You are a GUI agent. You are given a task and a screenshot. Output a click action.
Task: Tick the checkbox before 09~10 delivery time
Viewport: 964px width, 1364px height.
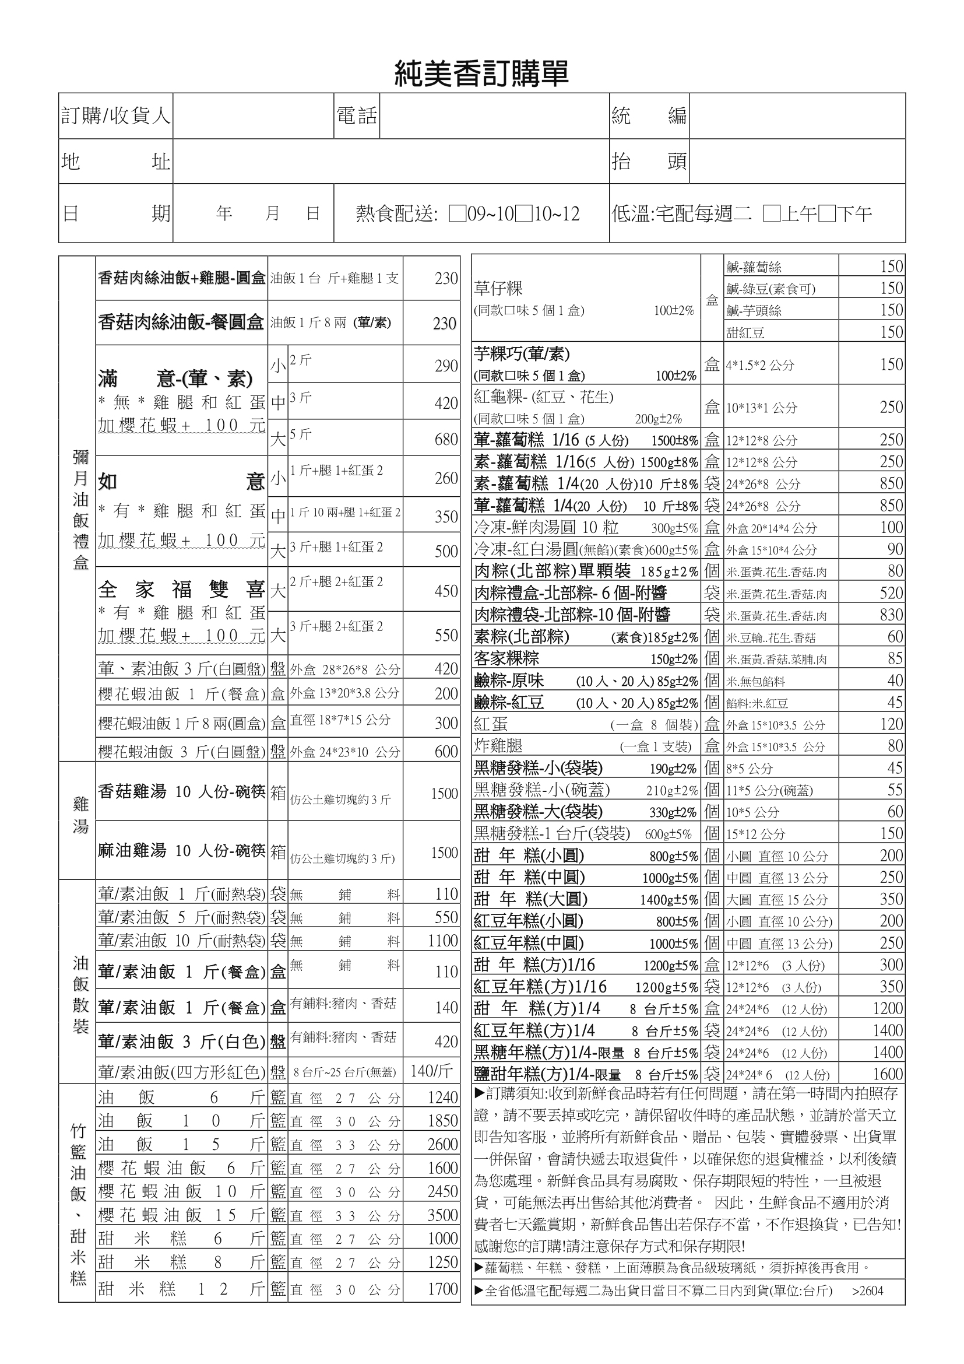pyautogui.click(x=457, y=214)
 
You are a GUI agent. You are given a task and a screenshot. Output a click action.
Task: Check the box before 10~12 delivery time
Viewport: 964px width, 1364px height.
pyautogui.click(x=523, y=214)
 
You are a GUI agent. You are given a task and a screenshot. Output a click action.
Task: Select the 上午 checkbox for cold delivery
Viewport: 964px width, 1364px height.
pyautogui.click(x=772, y=214)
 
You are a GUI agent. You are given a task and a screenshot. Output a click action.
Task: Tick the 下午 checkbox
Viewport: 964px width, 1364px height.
pyautogui.click(x=827, y=214)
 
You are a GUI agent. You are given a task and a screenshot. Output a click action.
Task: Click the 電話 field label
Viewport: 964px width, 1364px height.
pyautogui.click(x=357, y=116)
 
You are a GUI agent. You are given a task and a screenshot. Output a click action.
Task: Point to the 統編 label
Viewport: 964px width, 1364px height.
pyautogui.click(x=649, y=116)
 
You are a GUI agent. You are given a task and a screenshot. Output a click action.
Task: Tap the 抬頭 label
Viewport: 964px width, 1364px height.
pyautogui.click(x=649, y=162)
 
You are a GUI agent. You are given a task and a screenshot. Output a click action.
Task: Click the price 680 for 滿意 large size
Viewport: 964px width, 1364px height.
pyautogui.click(x=446, y=440)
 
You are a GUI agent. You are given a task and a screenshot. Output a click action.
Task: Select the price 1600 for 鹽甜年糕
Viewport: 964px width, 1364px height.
pyautogui.click(x=888, y=1074)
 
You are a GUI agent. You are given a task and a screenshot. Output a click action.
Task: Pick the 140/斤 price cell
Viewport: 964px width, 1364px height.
pyautogui.click(x=431, y=1071)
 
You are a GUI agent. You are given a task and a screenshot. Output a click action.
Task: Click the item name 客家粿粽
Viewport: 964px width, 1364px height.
pyautogui.click(x=506, y=658)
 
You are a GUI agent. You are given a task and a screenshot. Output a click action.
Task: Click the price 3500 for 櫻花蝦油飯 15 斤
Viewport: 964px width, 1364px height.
pyautogui.click(x=443, y=1215)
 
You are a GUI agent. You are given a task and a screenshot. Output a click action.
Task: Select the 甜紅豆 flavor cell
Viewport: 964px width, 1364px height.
pyautogui.click(x=745, y=332)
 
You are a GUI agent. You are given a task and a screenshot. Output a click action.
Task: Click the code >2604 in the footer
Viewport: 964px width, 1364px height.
pyautogui.click(x=867, y=1291)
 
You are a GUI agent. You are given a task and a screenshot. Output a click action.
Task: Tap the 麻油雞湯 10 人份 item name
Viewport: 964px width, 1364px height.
pyautogui.click(x=182, y=851)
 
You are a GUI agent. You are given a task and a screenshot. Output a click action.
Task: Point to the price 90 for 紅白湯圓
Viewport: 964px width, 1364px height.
pyautogui.click(x=895, y=549)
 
